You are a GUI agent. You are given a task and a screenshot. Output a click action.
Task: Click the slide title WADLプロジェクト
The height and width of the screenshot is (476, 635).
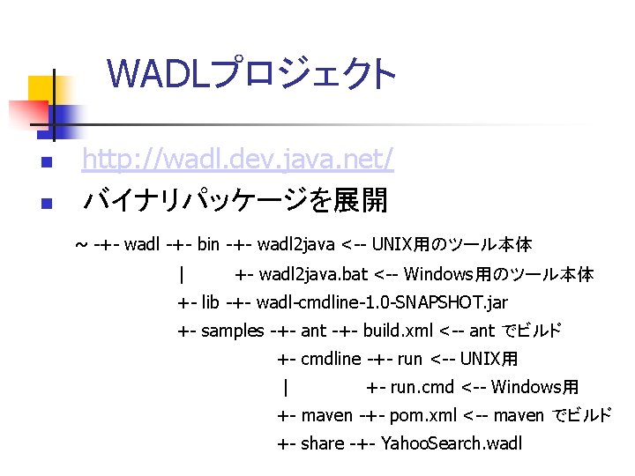coord(252,74)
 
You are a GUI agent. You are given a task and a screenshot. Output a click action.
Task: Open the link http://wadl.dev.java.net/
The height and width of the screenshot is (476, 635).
coord(237,160)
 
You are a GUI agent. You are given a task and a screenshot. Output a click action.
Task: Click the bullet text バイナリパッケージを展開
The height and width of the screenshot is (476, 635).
coord(235,201)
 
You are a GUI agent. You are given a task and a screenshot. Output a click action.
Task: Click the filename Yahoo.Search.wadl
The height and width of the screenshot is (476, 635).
coord(453,443)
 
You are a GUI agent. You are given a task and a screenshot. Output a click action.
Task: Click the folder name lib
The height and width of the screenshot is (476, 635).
coord(211,302)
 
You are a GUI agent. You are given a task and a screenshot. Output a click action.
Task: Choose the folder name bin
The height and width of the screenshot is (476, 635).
coord(209,244)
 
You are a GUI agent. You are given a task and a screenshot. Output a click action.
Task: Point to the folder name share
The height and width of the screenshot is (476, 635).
coord(323,443)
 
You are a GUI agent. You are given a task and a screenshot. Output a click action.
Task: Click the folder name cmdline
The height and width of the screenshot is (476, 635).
coord(331,359)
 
